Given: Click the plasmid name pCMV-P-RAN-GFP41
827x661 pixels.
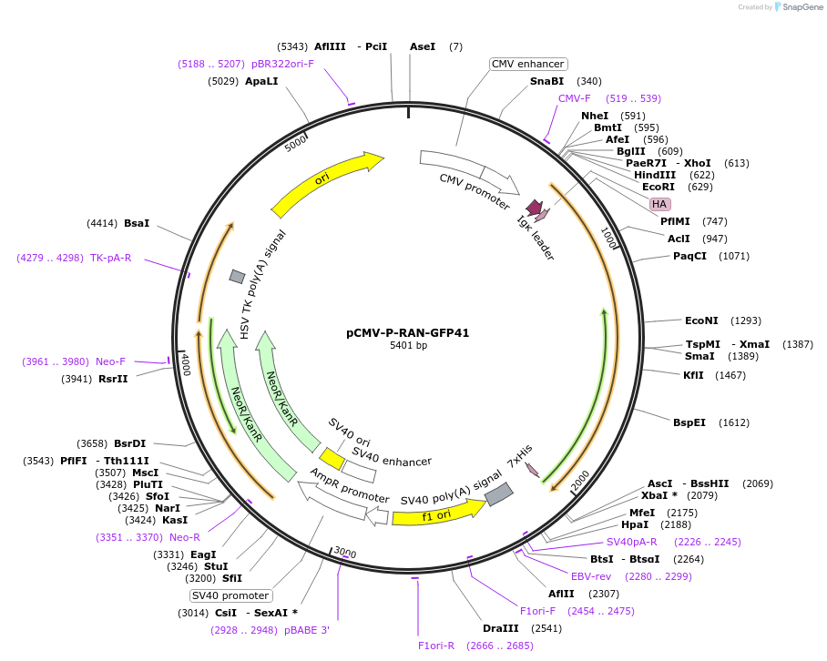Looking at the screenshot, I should coord(407,333).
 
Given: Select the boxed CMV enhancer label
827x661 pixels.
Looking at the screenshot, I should coord(528,64).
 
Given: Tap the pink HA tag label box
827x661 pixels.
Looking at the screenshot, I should coord(659,204).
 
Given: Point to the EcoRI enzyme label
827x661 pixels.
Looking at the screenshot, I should coord(658,187).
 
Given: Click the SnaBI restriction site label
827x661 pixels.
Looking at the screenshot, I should coord(546,81).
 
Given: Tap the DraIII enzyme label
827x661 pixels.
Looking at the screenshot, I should coord(500,628).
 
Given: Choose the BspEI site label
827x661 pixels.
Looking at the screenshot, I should coord(689,422).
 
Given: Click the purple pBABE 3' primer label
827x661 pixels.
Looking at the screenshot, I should coord(307,630).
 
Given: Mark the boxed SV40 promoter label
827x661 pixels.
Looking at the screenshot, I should coord(230,595).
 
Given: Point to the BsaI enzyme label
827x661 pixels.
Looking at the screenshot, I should coord(137,223).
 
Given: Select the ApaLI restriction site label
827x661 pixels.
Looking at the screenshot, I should coord(261,81).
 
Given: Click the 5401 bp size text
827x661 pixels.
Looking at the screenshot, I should coord(407,346).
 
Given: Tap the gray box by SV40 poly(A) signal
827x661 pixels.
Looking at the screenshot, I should coord(498,494).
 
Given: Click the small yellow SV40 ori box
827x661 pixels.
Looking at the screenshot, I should coord(332,457).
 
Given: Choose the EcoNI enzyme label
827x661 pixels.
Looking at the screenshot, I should coord(701,320).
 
